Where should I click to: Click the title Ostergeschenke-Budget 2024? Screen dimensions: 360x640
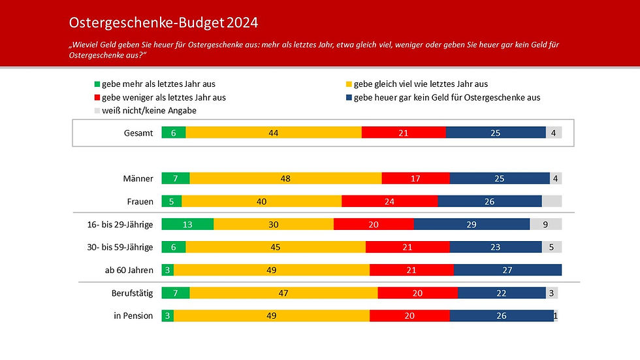(163, 23)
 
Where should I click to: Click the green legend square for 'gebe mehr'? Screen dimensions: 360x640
(97, 84)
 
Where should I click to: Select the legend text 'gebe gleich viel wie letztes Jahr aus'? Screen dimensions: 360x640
(421, 84)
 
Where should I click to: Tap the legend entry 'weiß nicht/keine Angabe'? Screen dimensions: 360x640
(149, 110)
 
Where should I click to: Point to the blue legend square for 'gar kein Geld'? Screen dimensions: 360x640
(348, 97)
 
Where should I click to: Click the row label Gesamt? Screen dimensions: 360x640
(138, 133)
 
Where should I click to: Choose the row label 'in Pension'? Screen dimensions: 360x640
(133, 316)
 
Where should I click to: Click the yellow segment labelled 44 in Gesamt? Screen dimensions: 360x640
(273, 133)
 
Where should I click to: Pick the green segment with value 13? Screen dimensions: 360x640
(187, 225)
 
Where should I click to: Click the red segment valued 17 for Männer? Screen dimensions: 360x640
(415, 178)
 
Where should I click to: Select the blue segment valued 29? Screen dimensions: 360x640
(471, 225)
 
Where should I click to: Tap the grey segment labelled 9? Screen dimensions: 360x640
(545, 225)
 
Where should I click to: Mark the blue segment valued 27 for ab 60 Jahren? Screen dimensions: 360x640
(507, 270)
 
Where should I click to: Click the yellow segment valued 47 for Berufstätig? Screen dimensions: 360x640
(283, 293)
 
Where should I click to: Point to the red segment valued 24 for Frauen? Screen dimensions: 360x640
(389, 201)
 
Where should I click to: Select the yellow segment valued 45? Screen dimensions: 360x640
(275, 248)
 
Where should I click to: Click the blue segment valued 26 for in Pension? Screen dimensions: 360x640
(501, 316)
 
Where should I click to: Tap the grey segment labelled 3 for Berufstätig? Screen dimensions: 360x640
(552, 293)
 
